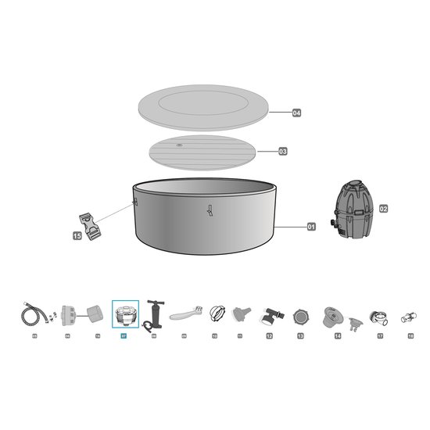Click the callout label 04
[296, 113]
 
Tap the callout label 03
[283, 151]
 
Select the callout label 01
[310, 227]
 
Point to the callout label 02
[383, 209]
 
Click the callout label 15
[77, 235]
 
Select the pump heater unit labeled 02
[353, 210]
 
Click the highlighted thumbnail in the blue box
[125, 314]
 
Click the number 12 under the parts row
[269, 335]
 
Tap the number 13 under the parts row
[300, 335]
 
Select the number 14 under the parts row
[338, 335]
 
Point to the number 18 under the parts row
[410, 335]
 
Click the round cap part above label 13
[300, 317]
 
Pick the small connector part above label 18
[408, 317]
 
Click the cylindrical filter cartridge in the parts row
[94, 314]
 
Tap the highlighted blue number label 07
[123, 335]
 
